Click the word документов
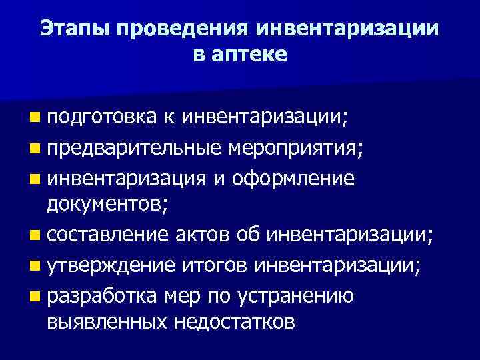(107, 205)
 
